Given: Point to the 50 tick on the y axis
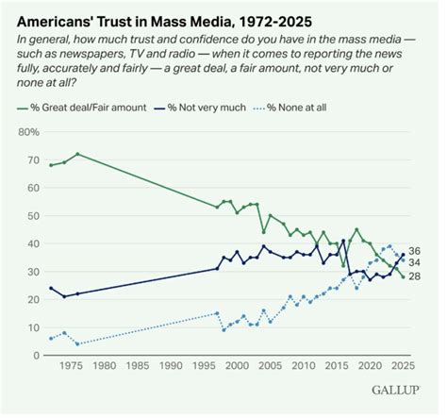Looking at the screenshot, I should (33, 216).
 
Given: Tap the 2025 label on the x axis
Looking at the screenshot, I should (402, 365).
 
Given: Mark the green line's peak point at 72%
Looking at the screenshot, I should (77, 154).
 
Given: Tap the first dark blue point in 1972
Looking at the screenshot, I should (51, 288).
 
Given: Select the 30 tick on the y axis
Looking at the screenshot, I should (33, 272).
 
